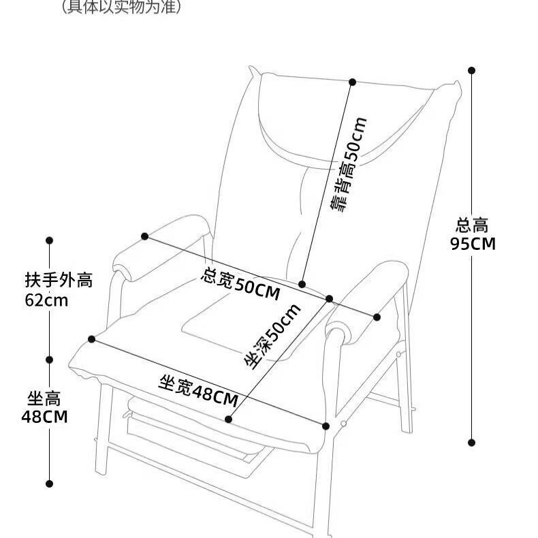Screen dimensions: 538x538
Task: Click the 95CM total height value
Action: (473, 244)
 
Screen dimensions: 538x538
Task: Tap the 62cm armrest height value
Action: (46, 300)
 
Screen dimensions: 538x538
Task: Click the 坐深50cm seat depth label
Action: (272, 336)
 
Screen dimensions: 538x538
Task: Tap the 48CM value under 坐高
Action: (44, 417)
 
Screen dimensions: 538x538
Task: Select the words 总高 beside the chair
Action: (473, 225)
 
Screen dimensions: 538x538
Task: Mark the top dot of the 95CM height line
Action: (471, 69)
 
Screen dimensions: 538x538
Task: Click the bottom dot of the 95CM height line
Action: (471, 442)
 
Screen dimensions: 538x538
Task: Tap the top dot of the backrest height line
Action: (352, 82)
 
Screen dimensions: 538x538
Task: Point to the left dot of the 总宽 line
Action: (145, 236)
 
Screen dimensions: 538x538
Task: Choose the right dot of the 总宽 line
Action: (377, 317)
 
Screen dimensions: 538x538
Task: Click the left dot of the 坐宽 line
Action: (92, 338)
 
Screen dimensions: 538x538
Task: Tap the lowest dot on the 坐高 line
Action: (49, 484)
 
